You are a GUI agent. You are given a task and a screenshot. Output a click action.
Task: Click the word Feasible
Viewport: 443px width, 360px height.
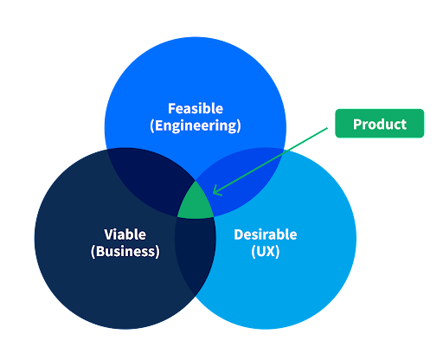(x=195, y=109)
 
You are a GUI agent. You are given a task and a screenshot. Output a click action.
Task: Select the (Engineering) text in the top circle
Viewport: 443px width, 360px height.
(x=195, y=126)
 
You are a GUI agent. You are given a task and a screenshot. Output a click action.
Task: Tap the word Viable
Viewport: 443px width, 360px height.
(x=125, y=235)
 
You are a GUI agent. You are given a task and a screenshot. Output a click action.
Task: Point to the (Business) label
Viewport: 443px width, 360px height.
(x=125, y=252)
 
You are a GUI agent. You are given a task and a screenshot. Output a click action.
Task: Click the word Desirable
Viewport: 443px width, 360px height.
(x=265, y=235)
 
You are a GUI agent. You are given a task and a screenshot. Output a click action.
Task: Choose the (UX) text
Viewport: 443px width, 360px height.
(x=265, y=252)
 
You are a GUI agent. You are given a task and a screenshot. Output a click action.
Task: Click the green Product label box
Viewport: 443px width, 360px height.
(x=379, y=124)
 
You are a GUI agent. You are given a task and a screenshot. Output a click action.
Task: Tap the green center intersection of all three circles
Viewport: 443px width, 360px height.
(x=196, y=204)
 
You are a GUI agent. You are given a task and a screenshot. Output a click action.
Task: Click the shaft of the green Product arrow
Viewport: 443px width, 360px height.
(x=277, y=157)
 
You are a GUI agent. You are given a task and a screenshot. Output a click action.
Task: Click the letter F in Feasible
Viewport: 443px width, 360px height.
(x=171, y=109)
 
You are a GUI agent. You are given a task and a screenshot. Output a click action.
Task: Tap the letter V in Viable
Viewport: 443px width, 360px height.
(x=108, y=235)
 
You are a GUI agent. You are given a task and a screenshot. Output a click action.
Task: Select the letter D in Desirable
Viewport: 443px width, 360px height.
(x=238, y=235)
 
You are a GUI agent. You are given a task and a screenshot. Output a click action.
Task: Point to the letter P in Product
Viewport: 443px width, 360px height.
(x=356, y=124)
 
